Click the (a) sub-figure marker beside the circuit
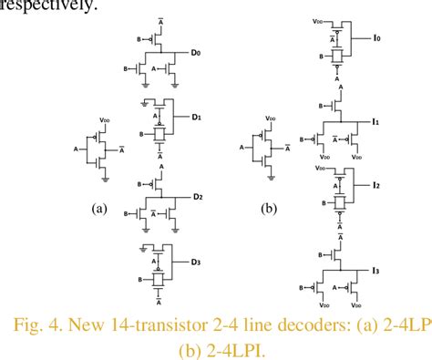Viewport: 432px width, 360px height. click(x=99, y=208)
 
